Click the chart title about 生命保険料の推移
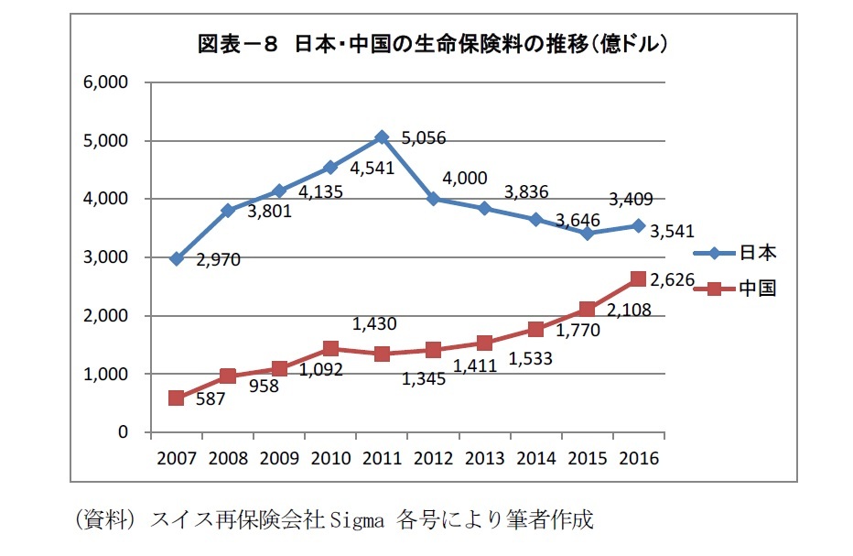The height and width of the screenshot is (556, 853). [431, 44]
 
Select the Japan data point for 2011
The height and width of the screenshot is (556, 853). [382, 136]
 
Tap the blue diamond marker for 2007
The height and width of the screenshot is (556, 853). [176, 259]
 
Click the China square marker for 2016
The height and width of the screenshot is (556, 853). [638, 279]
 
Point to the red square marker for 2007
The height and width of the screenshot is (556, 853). [176, 398]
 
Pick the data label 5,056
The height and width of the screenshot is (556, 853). [424, 139]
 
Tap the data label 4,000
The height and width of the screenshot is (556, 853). [465, 179]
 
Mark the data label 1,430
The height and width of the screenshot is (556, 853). [376, 323]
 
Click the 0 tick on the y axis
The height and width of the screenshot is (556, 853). [122, 432]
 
